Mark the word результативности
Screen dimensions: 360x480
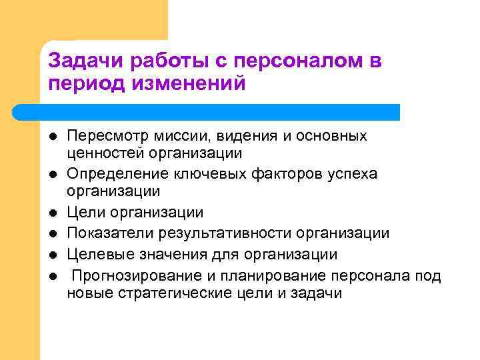(223, 233)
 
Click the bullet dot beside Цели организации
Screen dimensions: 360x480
(51, 213)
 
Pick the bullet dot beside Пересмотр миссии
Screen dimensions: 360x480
(51, 136)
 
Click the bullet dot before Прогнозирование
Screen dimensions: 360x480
(51, 275)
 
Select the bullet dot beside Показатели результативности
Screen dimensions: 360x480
(51, 234)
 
